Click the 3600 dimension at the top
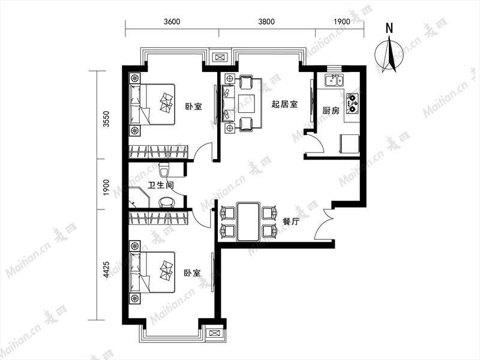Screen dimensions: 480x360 click(172, 22)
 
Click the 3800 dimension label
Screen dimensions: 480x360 click(266, 22)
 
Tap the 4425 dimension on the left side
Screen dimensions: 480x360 click(106, 269)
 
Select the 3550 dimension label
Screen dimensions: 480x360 click(106, 119)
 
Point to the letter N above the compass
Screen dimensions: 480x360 click(389, 28)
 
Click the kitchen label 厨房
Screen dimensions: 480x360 click(331, 110)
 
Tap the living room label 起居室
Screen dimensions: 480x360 click(284, 104)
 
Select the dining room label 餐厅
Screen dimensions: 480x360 click(290, 221)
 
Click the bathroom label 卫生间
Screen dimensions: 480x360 click(161, 185)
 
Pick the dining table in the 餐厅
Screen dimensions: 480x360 click(248, 221)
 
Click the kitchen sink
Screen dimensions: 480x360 click(334, 80)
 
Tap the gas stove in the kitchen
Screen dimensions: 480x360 click(352, 103)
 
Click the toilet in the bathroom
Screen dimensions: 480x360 click(164, 170)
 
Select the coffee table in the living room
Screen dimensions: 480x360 click(247, 104)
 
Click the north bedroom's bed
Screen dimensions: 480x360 click(152, 104)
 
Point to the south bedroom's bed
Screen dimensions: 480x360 click(152, 272)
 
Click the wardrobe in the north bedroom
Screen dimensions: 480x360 click(158, 152)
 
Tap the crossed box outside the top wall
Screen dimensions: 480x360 click(220, 57)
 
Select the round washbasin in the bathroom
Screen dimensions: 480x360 click(167, 202)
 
